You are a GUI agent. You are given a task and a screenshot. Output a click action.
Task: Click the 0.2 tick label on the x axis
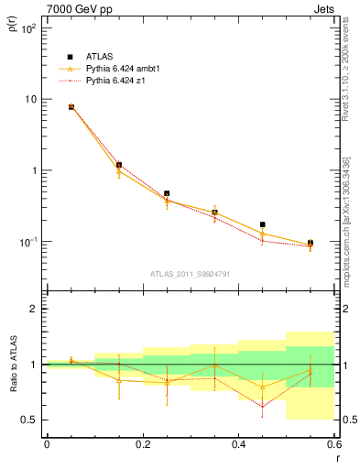coord(142,444)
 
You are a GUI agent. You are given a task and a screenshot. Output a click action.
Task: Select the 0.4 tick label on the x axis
coord(238,444)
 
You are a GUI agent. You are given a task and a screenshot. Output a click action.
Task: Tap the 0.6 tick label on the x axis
coord(333,444)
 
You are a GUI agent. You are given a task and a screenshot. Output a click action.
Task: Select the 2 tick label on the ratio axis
coord(36,309)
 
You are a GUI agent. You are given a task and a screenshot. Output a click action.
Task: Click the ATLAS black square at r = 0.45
coord(262,224)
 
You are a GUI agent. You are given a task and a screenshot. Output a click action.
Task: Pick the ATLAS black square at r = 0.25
coord(166,194)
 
